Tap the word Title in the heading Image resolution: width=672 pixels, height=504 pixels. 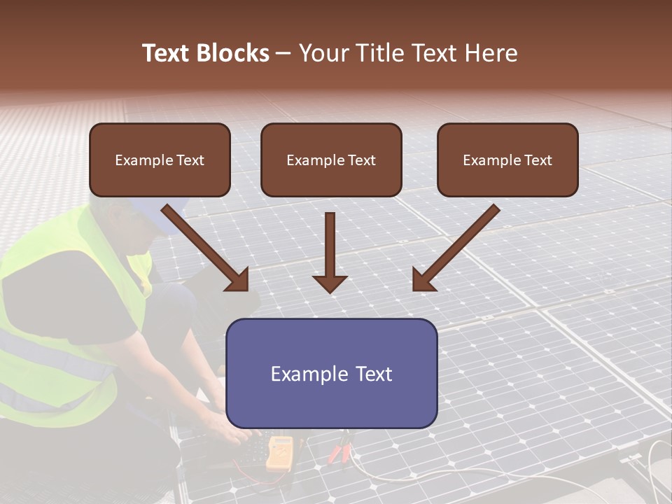[381, 53]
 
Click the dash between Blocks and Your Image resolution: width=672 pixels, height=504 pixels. [283, 54]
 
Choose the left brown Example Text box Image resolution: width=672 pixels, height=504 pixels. [160, 160]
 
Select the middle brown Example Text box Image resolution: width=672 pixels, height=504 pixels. [331, 160]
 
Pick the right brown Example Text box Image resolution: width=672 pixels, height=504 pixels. [507, 160]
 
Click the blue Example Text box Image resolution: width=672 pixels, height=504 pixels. [331, 373]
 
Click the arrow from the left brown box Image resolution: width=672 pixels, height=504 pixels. [206, 248]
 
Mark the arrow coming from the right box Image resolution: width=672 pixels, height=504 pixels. [455, 248]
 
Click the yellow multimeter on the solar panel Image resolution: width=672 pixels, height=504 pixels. [279, 451]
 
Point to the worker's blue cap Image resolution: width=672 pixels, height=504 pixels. [160, 210]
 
